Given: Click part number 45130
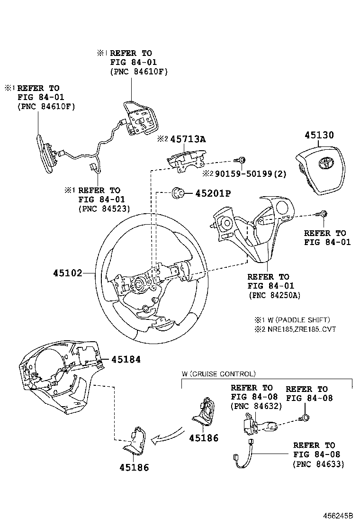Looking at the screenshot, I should (x=319, y=136).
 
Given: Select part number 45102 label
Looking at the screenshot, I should (x=68, y=273).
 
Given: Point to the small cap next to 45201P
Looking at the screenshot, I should (x=179, y=192).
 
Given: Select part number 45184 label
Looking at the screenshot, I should (x=126, y=360).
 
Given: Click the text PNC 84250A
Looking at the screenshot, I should (x=274, y=295).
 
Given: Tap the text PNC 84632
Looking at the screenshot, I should (x=256, y=406).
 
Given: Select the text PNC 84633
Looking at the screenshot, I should (x=319, y=464).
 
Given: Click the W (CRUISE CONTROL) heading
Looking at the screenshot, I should (x=219, y=374).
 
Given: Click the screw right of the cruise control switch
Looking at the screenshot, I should (x=306, y=418).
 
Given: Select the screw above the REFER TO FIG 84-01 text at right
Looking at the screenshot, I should (x=324, y=214).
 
